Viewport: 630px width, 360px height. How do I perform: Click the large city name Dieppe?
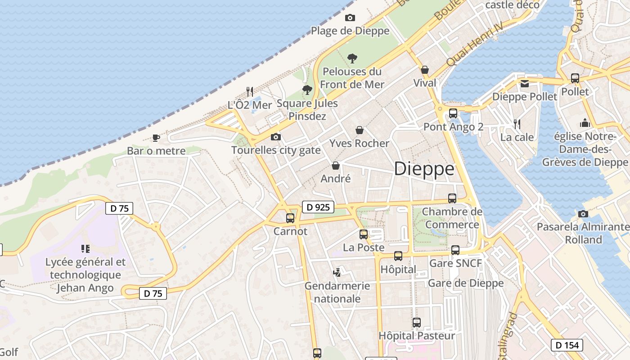424,169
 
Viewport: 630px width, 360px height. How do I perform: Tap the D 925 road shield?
318,207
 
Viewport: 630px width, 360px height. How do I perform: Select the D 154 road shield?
567,345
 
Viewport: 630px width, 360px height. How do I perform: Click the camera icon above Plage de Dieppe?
350,18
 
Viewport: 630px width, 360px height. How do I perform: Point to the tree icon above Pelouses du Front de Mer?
352,58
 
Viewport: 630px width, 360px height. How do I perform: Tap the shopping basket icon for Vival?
424,70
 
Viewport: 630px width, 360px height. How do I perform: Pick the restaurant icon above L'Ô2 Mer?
250,92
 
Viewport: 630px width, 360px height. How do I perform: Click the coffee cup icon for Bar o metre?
156,138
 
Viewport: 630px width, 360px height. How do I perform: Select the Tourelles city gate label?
276,150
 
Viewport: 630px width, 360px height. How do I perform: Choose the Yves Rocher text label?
359,143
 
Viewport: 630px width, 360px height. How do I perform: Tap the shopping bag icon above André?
335,166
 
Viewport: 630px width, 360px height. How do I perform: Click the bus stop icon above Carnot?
290,218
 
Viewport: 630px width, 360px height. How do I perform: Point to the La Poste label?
364,247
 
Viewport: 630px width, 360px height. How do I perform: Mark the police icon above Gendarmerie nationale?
337,272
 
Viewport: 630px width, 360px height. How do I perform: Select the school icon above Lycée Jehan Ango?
85,248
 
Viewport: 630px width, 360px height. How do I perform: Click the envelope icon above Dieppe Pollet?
525,83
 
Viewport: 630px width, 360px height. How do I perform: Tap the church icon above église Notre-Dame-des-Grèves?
585,123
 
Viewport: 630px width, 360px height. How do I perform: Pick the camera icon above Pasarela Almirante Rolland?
583,214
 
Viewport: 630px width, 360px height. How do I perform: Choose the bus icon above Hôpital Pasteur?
417,322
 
